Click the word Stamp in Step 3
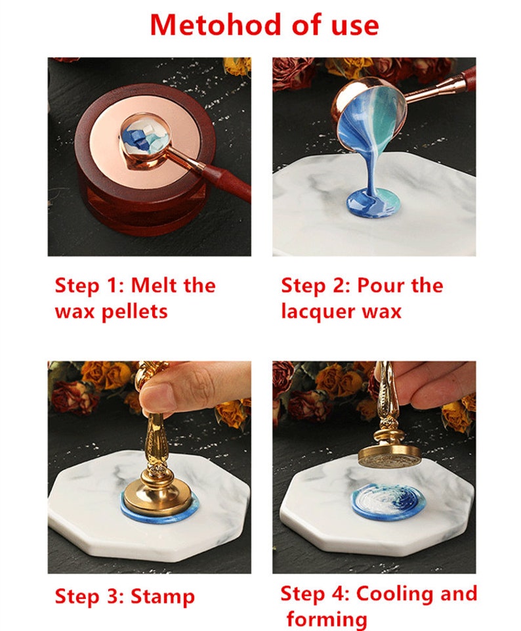tap(163, 597)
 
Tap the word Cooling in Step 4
tap(398, 594)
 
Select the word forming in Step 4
tap(327, 619)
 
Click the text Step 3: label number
tap(91, 597)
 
